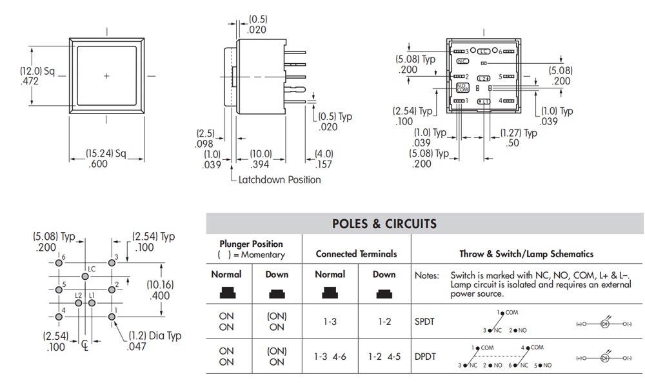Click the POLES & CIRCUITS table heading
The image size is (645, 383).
(x=384, y=224)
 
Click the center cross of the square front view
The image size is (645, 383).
(x=106, y=76)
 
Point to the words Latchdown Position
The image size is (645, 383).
(x=279, y=179)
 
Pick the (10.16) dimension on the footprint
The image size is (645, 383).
(x=158, y=290)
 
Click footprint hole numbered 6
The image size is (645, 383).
(x=60, y=263)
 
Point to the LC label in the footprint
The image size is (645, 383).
(x=92, y=268)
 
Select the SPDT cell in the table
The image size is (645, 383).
(x=426, y=321)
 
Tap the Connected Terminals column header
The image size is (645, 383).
(x=356, y=254)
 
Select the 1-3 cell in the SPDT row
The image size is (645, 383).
(x=329, y=321)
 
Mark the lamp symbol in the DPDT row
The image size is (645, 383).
(x=604, y=357)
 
